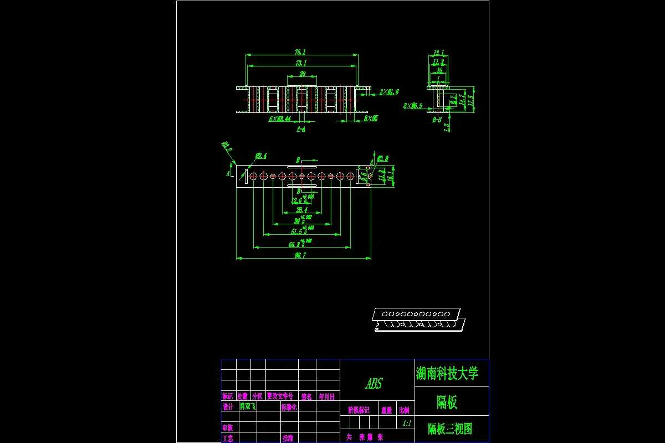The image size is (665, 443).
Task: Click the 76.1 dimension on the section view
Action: [300, 52]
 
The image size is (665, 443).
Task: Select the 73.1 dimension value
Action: [300, 63]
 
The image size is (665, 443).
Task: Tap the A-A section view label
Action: [300, 129]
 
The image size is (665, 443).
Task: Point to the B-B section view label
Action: [437, 119]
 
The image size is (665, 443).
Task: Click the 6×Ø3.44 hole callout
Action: [280, 119]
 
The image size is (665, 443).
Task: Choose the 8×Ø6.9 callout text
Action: [413, 105]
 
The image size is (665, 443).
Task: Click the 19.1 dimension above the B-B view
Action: [438, 53]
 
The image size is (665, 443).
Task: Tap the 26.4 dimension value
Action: [301, 210]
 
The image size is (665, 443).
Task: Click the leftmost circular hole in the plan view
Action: [253, 176]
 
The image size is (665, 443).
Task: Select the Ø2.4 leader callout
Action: [260, 156]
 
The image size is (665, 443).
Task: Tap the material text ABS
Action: [374, 384]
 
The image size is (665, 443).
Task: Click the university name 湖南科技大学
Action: [447, 373]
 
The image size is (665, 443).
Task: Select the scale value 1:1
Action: [406, 423]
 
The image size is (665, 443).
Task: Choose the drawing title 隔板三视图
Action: [450, 429]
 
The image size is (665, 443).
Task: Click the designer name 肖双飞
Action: [247, 406]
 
